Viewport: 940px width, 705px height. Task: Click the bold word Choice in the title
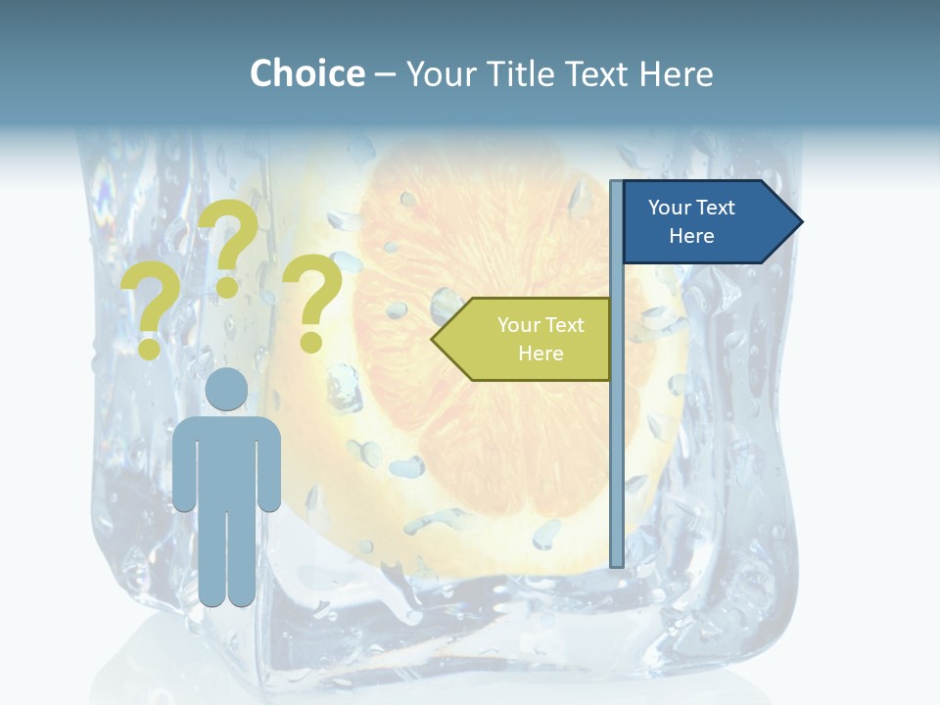[x=306, y=73]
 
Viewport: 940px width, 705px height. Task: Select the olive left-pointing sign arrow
[x=524, y=339]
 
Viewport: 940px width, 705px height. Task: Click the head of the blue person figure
[x=226, y=390]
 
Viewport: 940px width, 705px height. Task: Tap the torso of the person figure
[x=226, y=460]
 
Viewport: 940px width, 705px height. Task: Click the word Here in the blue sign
[x=691, y=236]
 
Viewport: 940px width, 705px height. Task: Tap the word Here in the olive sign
[x=540, y=353]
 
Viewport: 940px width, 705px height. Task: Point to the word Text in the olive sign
[x=562, y=325]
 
